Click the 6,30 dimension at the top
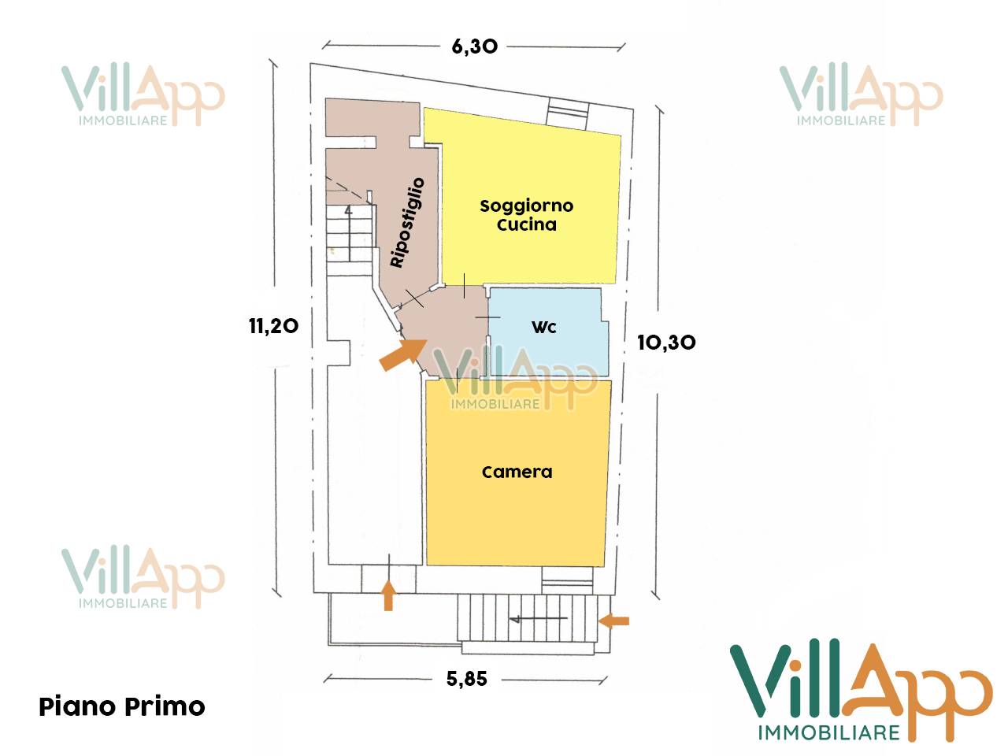(x=474, y=46)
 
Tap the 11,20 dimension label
(x=273, y=326)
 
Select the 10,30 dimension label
(x=666, y=343)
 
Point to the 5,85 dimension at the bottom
(x=466, y=679)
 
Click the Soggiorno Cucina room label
(x=526, y=215)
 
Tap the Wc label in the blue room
(x=544, y=328)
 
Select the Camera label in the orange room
(x=517, y=472)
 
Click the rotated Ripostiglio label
(x=407, y=222)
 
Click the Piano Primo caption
(x=122, y=706)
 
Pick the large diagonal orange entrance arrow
(x=402, y=354)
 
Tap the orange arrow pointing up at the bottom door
(x=387, y=595)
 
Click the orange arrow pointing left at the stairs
(x=613, y=621)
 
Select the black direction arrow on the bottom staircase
(x=539, y=619)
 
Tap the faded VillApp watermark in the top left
(x=143, y=95)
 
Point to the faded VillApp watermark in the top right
(x=860, y=95)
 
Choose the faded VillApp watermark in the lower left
(x=143, y=578)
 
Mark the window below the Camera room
(x=567, y=582)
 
